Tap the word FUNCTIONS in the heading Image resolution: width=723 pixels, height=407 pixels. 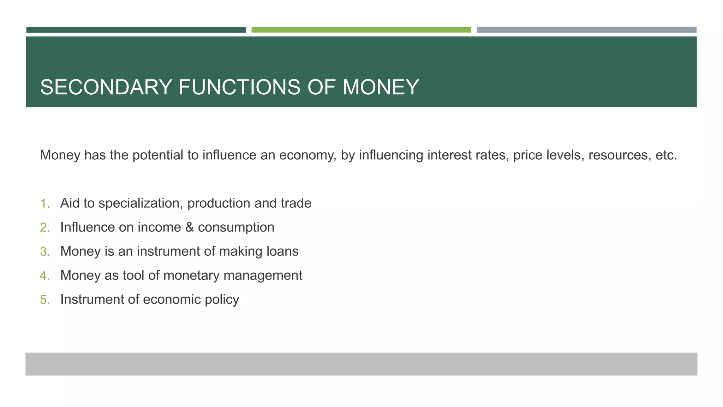coord(239,87)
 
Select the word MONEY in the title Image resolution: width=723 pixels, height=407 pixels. coord(381,87)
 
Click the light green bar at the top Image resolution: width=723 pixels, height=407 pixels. coord(361,30)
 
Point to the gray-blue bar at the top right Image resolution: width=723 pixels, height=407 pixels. coord(586,30)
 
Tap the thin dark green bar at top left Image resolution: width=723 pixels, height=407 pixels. coord(136,30)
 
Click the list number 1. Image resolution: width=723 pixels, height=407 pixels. coord(44,203)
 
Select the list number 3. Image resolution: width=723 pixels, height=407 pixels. coord(44,252)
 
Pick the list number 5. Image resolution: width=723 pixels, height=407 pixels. coord(44,300)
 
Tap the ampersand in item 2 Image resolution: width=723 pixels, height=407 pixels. coord(190,227)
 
